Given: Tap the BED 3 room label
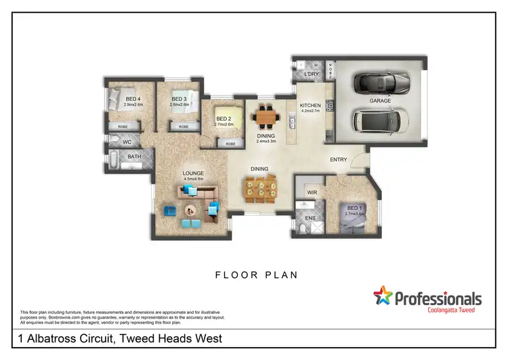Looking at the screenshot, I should point(179,98).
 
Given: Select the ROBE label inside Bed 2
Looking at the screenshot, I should point(231,144).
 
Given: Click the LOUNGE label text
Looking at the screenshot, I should point(193,173).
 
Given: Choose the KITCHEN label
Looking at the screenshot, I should point(310,106).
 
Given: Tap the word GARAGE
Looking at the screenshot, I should point(379,100).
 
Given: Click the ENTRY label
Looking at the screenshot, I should point(338,160).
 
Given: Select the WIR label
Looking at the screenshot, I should point(312,193).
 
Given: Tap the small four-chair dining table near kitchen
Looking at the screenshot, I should point(266,118).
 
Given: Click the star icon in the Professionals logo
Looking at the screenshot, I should point(383,296).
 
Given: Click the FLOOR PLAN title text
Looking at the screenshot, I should point(257,275).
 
